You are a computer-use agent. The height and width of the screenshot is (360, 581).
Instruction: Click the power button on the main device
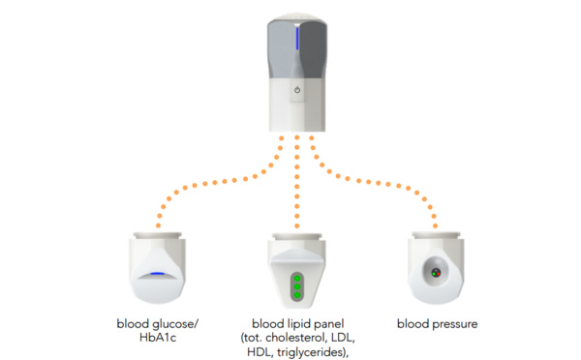click(x=297, y=90)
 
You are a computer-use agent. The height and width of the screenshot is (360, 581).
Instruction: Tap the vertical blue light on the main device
click(x=297, y=38)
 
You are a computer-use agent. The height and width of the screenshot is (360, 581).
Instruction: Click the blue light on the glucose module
click(x=158, y=274)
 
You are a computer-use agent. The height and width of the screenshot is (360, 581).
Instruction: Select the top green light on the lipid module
click(x=297, y=279)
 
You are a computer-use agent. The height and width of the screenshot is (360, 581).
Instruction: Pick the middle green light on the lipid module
click(x=297, y=286)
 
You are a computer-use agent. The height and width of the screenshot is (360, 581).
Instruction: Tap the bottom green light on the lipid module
click(x=297, y=295)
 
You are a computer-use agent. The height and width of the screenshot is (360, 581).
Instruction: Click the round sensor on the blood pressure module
click(x=436, y=273)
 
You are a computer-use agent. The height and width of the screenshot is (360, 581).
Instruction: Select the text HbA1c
click(x=158, y=338)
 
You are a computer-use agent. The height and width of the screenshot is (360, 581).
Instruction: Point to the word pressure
click(x=455, y=325)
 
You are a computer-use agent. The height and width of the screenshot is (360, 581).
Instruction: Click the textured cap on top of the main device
click(x=297, y=16)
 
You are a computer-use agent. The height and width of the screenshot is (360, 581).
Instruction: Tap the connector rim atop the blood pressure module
click(x=436, y=235)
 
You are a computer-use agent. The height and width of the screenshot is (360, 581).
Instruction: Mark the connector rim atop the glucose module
click(x=158, y=236)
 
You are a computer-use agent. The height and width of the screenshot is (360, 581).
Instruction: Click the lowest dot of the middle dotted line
click(x=297, y=225)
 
